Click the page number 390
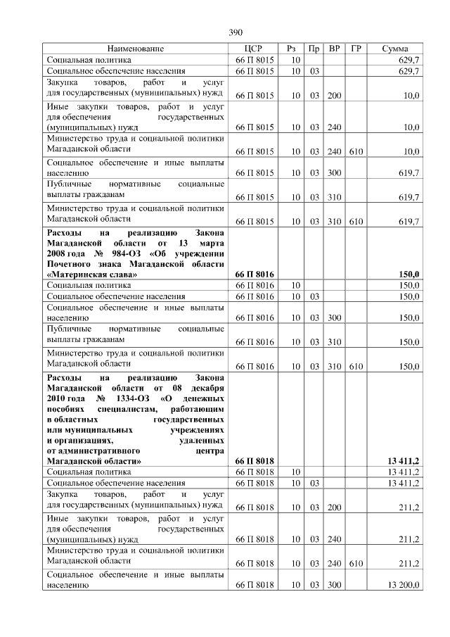236,32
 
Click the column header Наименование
136,49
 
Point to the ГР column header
356,49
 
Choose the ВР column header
335,49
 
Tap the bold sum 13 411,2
404,460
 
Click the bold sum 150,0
409,274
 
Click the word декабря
204,388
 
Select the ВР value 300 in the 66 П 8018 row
334,585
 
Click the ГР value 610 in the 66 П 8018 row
356,564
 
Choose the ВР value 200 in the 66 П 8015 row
334,94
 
